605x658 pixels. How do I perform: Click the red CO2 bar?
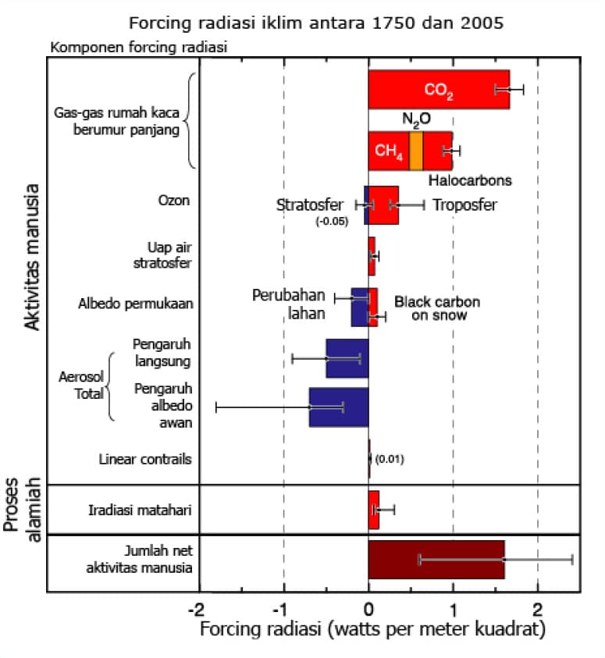click(439, 90)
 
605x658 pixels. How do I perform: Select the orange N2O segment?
click(416, 151)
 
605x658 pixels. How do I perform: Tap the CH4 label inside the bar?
click(389, 151)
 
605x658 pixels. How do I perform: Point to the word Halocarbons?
click(470, 180)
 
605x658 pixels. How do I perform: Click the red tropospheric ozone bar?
click(383, 205)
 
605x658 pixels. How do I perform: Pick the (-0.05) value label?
click(332, 221)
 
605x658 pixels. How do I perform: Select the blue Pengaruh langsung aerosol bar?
click(347, 358)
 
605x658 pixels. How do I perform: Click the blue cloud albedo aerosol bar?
click(339, 407)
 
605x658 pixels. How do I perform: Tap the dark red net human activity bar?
click(436, 560)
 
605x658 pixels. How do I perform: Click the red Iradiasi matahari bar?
click(373, 510)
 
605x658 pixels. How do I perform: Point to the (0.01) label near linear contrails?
click(390, 459)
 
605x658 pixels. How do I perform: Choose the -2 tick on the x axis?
click(196, 609)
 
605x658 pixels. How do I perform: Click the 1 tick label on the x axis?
click(453, 609)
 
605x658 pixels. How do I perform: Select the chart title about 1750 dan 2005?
click(316, 23)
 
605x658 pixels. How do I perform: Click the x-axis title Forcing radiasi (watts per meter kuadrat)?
click(372, 629)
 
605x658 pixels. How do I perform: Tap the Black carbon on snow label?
click(438, 308)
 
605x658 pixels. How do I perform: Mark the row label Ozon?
click(174, 201)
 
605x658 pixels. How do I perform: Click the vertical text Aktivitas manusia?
click(32, 257)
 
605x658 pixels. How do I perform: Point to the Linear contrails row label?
click(145, 459)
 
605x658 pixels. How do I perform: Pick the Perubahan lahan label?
click(289, 304)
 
